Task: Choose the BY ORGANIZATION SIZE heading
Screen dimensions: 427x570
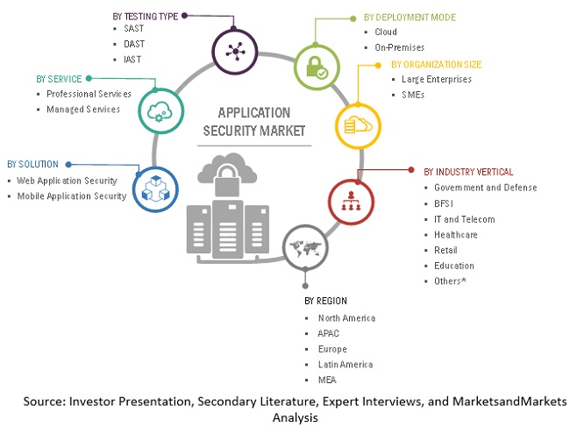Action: pos(448,64)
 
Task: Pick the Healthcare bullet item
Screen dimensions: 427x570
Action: pos(456,234)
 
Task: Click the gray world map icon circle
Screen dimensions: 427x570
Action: pos(303,246)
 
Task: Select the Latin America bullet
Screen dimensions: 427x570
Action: pos(346,364)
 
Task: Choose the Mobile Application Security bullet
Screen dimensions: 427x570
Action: pos(72,196)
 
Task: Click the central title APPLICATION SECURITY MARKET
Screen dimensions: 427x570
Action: pos(253,122)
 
